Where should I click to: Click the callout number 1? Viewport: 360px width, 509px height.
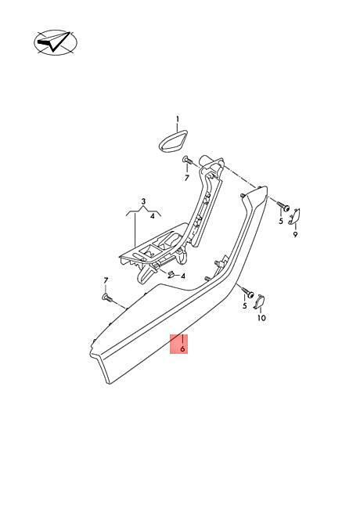coord(178,119)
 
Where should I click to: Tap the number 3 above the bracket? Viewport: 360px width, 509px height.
coord(144,201)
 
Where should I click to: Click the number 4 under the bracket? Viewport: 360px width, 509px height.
coord(153,216)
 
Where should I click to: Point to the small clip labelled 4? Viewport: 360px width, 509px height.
coord(171,274)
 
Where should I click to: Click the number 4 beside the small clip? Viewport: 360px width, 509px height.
coord(183,276)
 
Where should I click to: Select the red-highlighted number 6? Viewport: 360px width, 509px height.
coord(182,349)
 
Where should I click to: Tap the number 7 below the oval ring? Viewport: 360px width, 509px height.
coord(187,178)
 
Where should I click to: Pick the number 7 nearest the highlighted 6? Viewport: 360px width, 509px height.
coord(106,280)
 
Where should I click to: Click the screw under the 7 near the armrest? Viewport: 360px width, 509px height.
coord(107,297)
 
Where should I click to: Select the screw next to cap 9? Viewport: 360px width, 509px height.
coord(283,207)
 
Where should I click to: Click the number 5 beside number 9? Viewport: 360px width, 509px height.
coord(281,222)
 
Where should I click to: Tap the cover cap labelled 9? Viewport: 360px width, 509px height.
coord(294,216)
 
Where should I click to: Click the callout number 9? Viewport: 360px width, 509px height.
coord(295,234)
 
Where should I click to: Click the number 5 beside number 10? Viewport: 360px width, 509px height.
coord(245,305)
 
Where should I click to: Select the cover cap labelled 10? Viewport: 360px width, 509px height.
coord(259,302)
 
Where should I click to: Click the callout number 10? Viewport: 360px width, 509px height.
coord(261,317)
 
